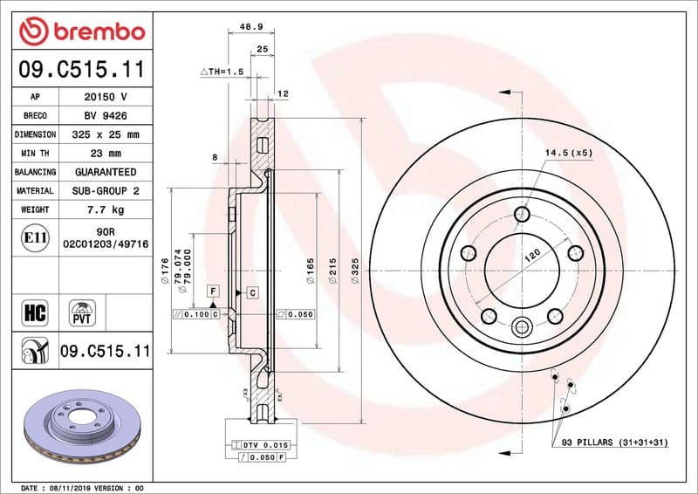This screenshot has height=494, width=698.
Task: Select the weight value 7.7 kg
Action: pos(106,210)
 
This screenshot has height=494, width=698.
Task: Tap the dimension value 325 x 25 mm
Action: pos(106,135)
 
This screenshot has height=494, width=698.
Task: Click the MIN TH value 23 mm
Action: pos(106,154)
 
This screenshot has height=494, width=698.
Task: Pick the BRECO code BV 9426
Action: pos(106,116)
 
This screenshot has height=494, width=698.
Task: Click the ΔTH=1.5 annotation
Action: pos(222,71)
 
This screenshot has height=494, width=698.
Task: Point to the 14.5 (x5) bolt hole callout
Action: pos(569,153)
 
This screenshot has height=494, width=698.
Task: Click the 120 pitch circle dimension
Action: pos(532,257)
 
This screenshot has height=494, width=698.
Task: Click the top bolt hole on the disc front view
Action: pos(522,215)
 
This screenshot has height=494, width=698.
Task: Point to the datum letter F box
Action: pos(212,289)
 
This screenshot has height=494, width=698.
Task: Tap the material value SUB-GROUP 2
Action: pos(106,191)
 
